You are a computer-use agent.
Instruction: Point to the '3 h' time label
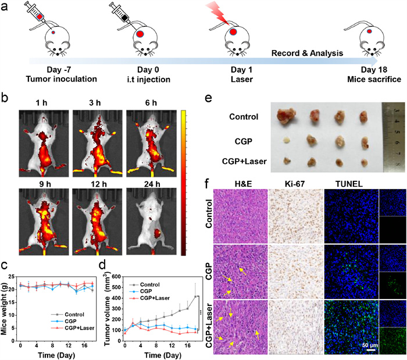(95, 101)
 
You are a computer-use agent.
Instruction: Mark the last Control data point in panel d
(194, 297)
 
